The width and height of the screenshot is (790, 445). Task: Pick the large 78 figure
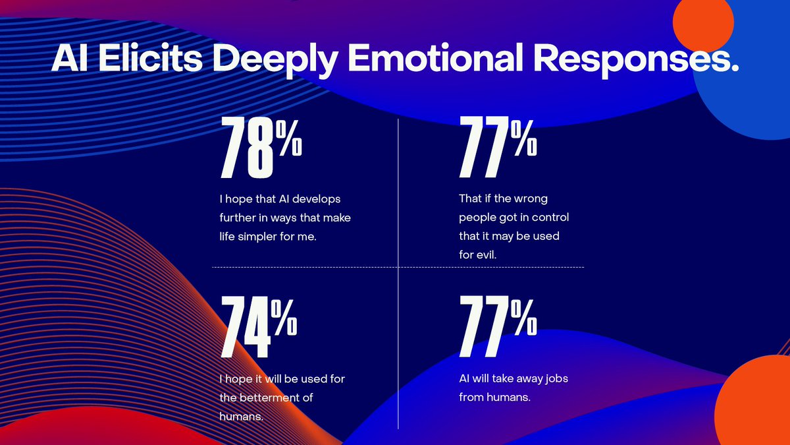pyautogui.click(x=246, y=149)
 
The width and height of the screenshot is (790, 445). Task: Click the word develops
pyautogui.click(x=319, y=198)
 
